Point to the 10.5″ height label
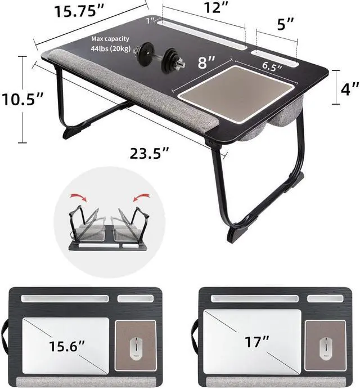25,100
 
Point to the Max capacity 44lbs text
111,44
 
